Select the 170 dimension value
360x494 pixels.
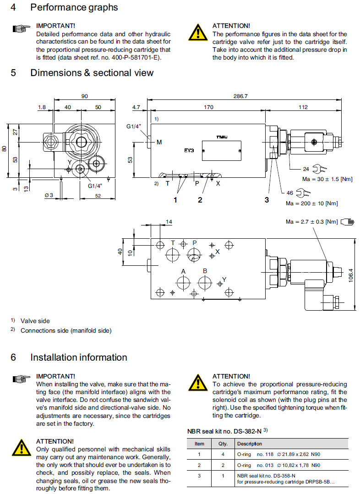tap(208, 108)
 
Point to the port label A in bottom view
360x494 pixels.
tap(183, 271)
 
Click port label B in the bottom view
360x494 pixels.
tap(205, 271)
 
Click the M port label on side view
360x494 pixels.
tap(159, 142)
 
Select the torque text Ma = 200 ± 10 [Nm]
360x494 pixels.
tap(312, 203)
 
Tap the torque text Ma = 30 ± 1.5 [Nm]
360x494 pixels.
tap(318, 179)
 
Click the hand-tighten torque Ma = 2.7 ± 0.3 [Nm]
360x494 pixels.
tap(311, 222)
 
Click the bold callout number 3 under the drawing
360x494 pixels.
tap(266, 200)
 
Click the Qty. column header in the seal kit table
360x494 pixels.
tap(223, 444)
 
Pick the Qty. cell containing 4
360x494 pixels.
tap(223, 455)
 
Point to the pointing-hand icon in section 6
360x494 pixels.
tap(21, 379)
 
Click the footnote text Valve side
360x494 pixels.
tap(35, 321)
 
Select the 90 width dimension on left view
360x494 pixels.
tap(85, 96)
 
